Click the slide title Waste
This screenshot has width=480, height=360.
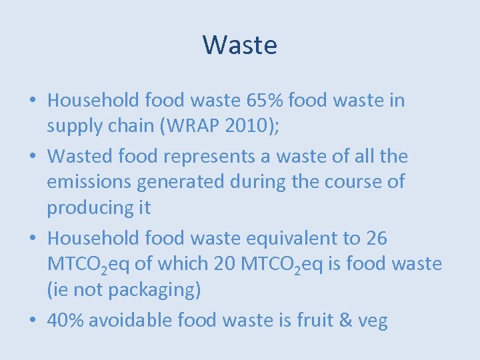(x=240, y=45)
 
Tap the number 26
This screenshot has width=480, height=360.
(x=376, y=238)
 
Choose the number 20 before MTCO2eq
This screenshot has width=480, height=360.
(x=225, y=264)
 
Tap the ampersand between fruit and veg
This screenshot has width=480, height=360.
(x=346, y=321)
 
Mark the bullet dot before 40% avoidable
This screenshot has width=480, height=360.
(x=33, y=321)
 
